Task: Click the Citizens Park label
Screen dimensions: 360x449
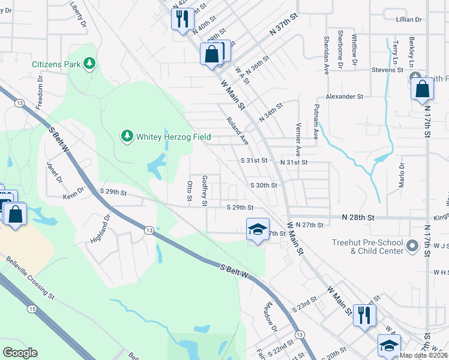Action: click(56, 63)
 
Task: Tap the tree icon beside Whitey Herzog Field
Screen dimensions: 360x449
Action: click(127, 137)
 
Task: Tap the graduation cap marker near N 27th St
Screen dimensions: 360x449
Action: click(258, 229)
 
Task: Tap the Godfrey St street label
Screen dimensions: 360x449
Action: click(205, 190)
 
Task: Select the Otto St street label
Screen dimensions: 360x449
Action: click(189, 191)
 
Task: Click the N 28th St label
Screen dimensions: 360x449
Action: click(358, 216)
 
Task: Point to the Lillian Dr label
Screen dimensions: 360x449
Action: click(409, 20)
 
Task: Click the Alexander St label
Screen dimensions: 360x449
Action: click(345, 96)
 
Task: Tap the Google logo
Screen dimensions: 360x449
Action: click(20, 353)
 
